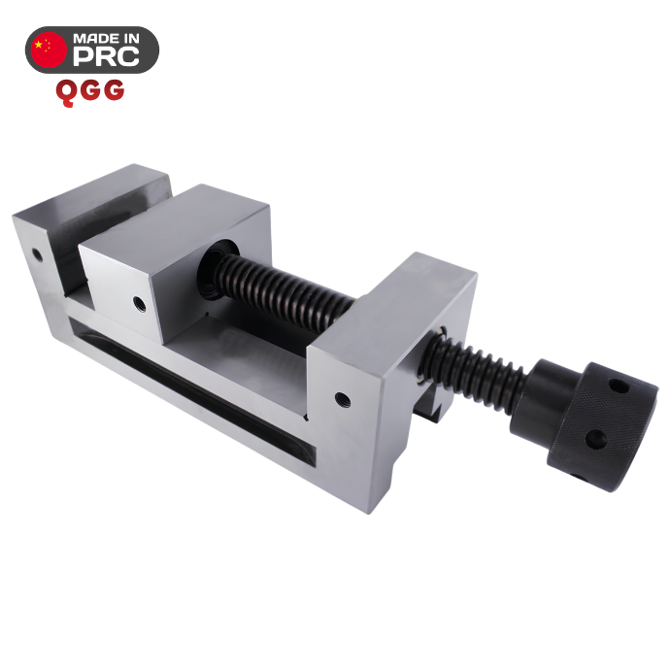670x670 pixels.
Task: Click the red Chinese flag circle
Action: click(x=50, y=50)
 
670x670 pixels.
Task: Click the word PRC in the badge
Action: click(x=106, y=56)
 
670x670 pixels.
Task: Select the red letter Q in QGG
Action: click(x=66, y=92)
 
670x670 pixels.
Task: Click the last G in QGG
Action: click(x=114, y=90)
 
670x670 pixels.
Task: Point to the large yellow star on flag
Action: click(x=39, y=44)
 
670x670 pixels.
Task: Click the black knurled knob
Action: click(x=602, y=426)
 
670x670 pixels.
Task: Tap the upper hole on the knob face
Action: click(x=619, y=386)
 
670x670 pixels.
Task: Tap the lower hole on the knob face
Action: click(x=596, y=439)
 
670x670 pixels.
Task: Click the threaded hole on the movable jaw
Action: click(x=139, y=304)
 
